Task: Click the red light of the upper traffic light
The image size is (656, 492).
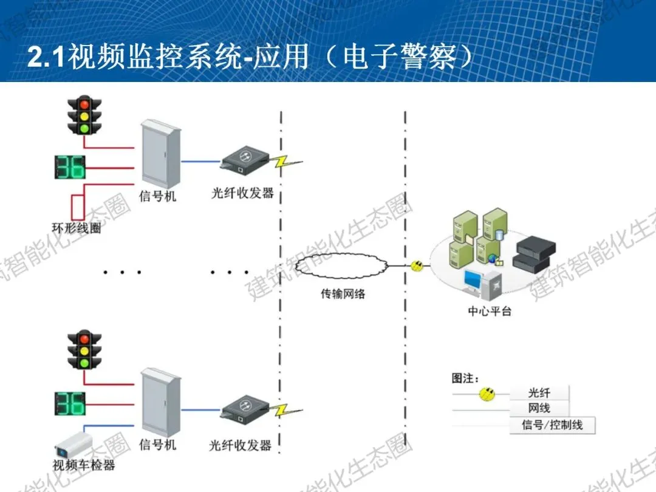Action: pyautogui.click(x=84, y=104)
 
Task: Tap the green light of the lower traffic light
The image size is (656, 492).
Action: pyautogui.click(x=84, y=363)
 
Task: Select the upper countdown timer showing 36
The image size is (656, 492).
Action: pyautogui.click(x=70, y=167)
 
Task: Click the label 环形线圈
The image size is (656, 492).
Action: pyautogui.click(x=77, y=229)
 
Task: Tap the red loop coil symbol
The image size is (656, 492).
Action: pyautogui.click(x=77, y=207)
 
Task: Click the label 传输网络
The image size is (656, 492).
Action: pyautogui.click(x=343, y=294)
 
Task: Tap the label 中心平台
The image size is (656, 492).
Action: pyautogui.click(x=490, y=311)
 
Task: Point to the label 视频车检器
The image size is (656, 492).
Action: pyautogui.click(x=84, y=466)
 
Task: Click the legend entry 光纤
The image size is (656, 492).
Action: pyautogui.click(x=539, y=393)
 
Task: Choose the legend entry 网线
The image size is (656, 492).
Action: pyautogui.click(x=539, y=408)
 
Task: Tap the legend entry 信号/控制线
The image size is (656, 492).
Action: pyautogui.click(x=552, y=425)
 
